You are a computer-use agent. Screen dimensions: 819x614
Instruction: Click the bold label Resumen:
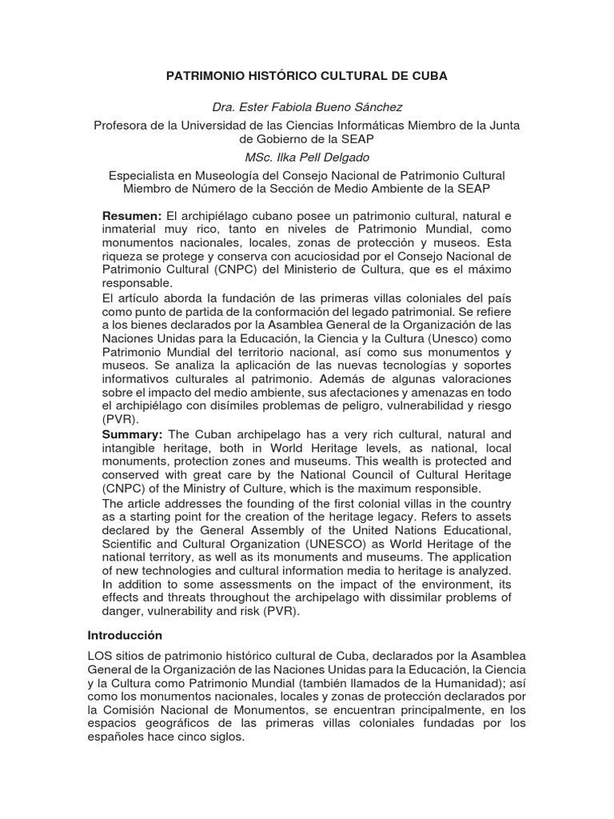132,217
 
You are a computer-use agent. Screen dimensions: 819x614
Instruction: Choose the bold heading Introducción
125,636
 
